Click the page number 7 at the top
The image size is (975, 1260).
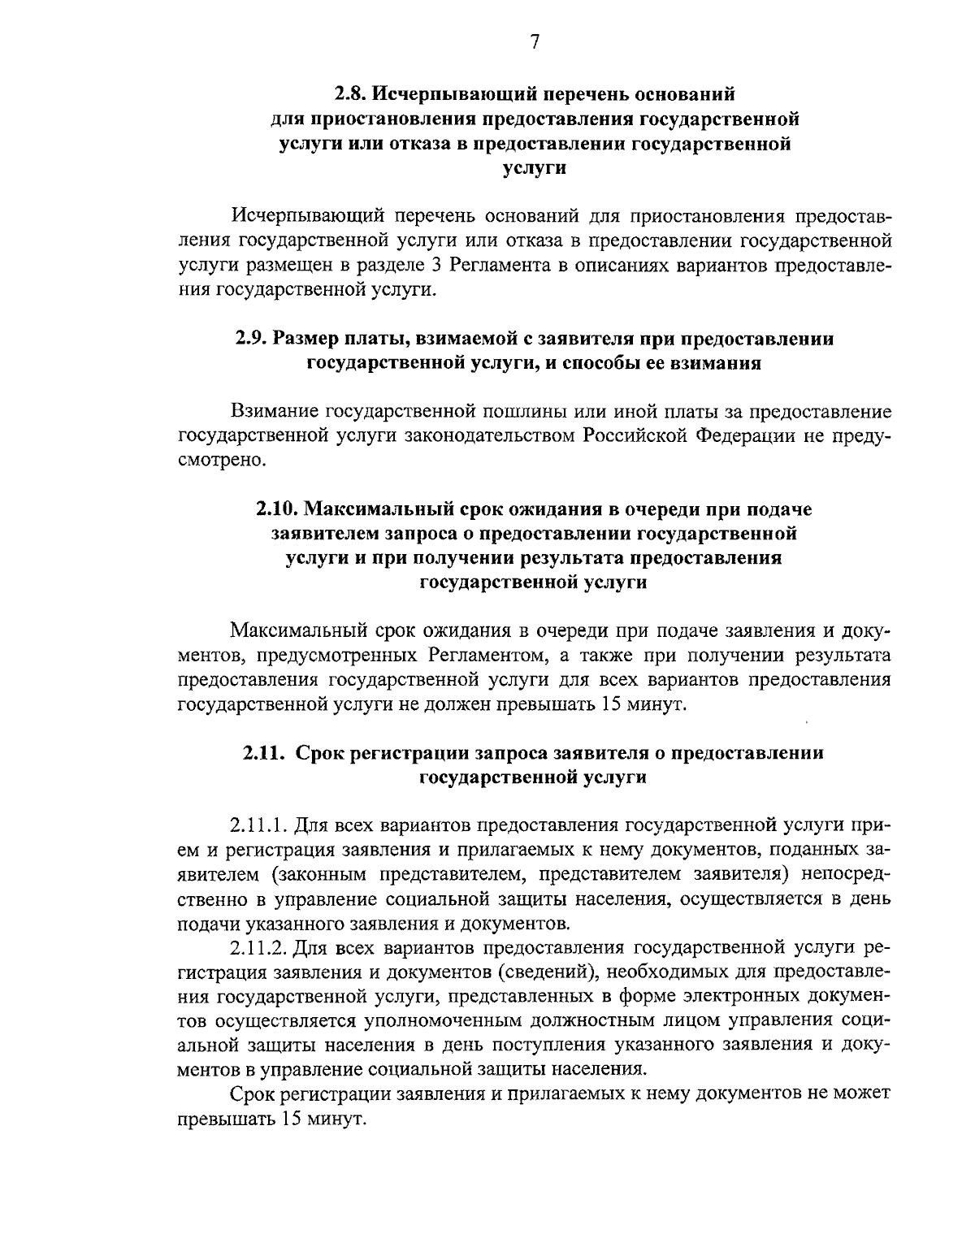coord(534,43)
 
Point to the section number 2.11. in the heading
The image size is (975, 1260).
coord(264,753)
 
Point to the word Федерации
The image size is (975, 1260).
coord(746,436)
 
